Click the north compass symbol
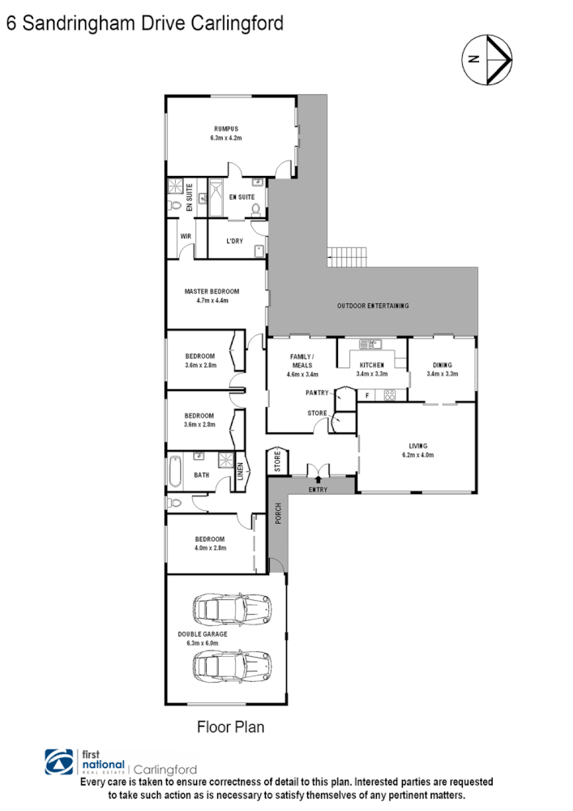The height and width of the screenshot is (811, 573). pyautogui.click(x=486, y=58)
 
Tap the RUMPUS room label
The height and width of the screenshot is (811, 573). pyautogui.click(x=227, y=129)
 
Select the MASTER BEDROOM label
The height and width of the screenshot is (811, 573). pyautogui.click(x=212, y=291)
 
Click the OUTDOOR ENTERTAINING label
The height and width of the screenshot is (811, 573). pyautogui.click(x=373, y=306)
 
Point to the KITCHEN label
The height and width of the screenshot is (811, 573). pyautogui.click(x=372, y=365)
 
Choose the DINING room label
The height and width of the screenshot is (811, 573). pyautogui.click(x=443, y=365)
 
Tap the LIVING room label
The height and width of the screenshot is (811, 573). pyautogui.click(x=417, y=445)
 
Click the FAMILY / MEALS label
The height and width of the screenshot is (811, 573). pyautogui.click(x=301, y=361)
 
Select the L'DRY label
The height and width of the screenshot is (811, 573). pyautogui.click(x=234, y=242)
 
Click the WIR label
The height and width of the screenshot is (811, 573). pyautogui.click(x=185, y=237)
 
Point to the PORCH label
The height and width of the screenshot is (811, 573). pyautogui.click(x=276, y=515)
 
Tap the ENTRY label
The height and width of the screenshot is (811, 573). pyautogui.click(x=319, y=491)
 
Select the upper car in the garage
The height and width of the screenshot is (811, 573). pyautogui.click(x=231, y=607)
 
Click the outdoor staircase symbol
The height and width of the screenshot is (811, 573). pyautogui.click(x=348, y=256)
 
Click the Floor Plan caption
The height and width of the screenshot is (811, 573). pyautogui.click(x=231, y=727)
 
